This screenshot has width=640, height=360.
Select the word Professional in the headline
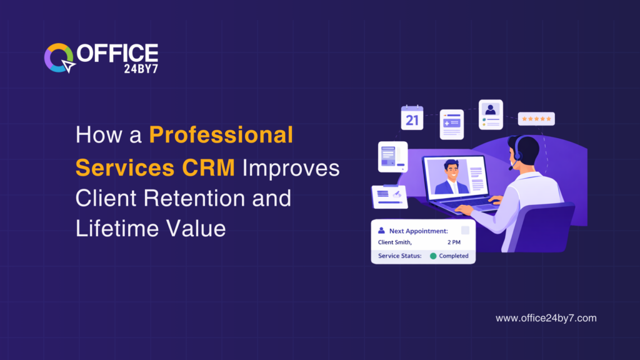coord(221,135)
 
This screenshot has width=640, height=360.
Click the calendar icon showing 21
coord(412,117)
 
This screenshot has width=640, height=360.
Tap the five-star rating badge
coord(536,119)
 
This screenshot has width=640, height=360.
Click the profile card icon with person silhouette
coord(491,114)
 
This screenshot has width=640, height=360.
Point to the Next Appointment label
coord(417,231)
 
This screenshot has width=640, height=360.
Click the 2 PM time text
coord(454,242)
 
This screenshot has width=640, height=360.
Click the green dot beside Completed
coord(433,256)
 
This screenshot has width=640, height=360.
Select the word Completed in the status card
coord(454,256)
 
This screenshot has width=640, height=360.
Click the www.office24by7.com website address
coord(546,318)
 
